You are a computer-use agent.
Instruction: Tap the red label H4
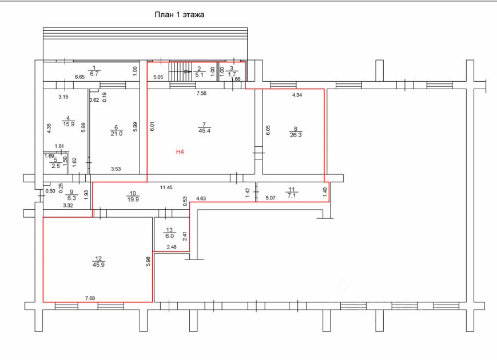point(180,152)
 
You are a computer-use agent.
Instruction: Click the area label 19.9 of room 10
point(133,199)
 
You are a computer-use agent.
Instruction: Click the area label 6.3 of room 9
point(71,198)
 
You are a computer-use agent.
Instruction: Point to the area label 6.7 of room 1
point(95,74)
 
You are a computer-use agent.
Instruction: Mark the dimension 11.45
point(166,187)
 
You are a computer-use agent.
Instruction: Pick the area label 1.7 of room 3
point(232,74)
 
